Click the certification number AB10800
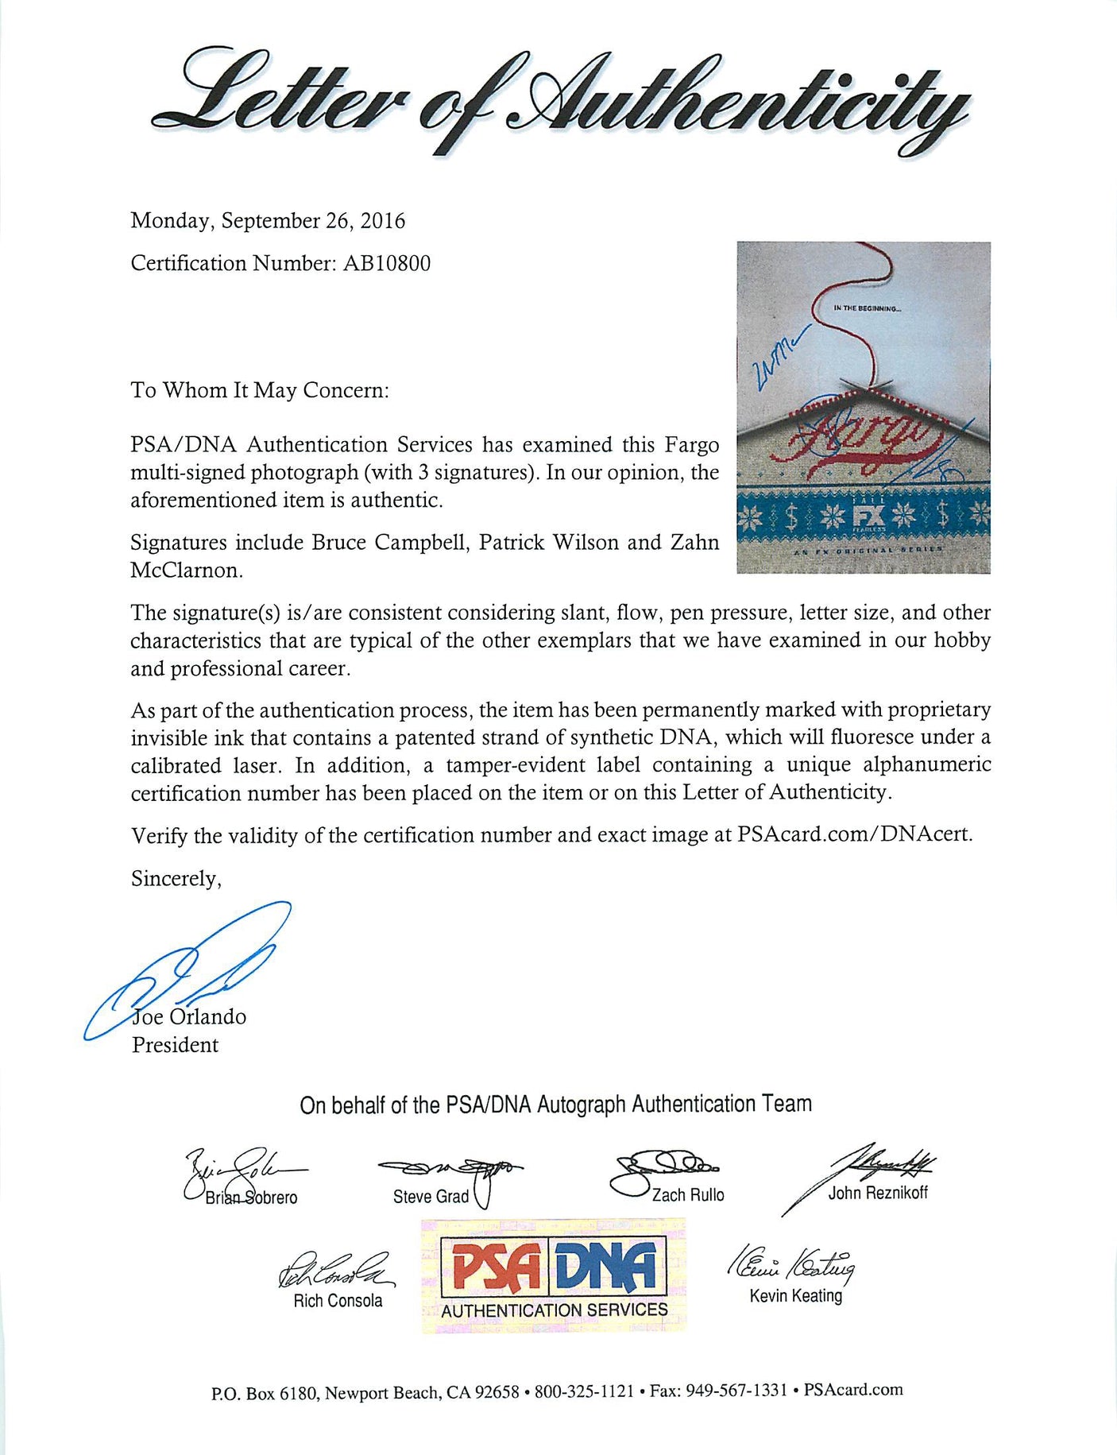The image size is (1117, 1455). (386, 263)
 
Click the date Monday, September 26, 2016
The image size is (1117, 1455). (268, 220)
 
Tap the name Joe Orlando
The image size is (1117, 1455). (189, 1017)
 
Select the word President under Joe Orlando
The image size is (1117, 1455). (175, 1045)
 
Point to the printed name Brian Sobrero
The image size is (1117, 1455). (251, 1198)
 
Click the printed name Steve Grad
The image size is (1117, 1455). (431, 1197)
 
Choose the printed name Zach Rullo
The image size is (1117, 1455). (688, 1195)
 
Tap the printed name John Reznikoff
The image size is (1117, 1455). (878, 1192)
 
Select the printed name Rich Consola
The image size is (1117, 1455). (338, 1301)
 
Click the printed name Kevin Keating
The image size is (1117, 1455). (795, 1296)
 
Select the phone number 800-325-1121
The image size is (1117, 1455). (584, 1391)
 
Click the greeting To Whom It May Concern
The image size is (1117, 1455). (260, 390)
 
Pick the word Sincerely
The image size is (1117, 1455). (176, 878)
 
